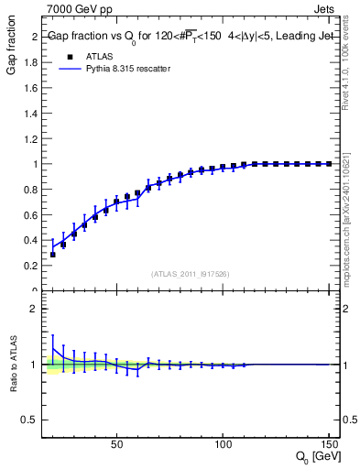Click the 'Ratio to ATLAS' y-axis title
[x=12, y=365]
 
